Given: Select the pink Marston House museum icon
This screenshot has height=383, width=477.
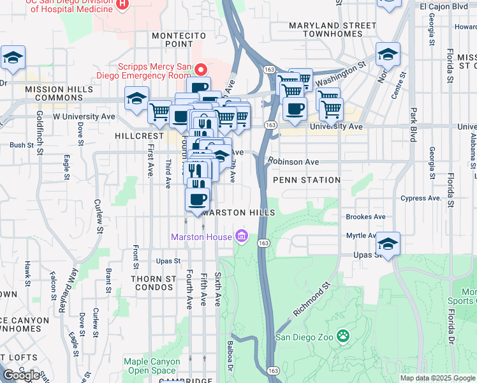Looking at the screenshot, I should point(241,237).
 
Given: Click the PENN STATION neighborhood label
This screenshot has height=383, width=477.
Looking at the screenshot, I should point(307,180).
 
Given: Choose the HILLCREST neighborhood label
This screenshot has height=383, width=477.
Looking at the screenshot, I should point(140,137).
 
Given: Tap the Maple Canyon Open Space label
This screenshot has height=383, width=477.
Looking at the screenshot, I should point(152,366).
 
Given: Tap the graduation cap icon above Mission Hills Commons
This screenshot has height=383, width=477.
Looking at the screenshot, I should point(13,58).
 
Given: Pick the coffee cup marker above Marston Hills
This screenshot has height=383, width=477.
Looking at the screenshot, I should point(198,199).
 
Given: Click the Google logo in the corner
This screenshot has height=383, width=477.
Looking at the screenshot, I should point(20,376).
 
